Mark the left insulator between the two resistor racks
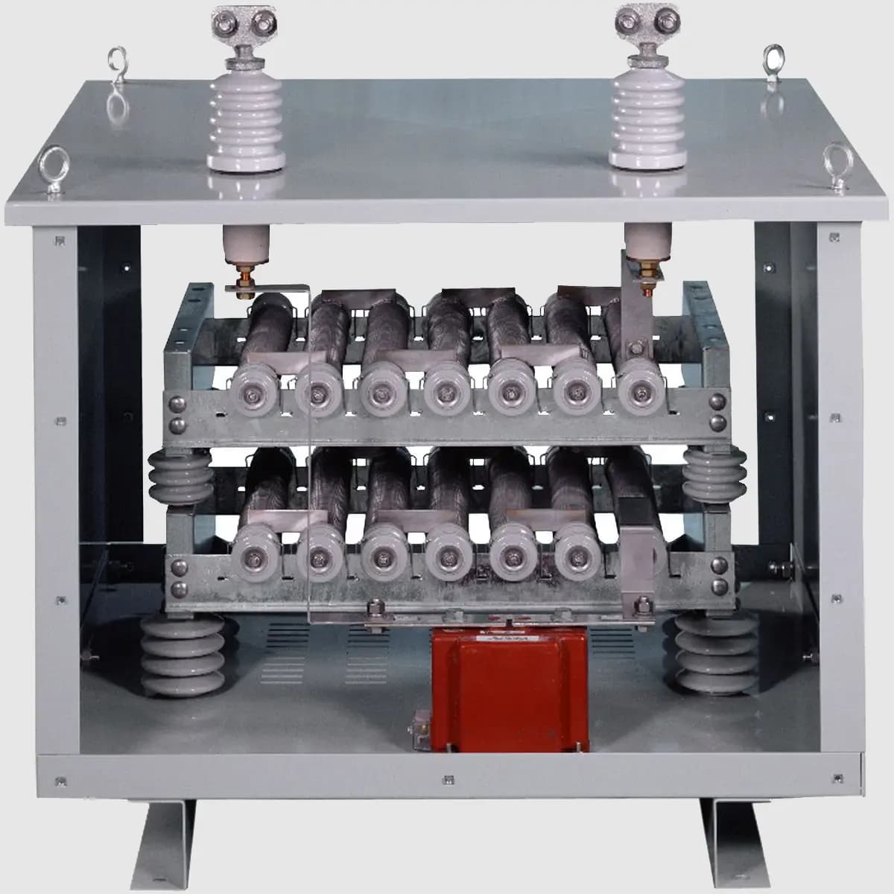pyautogui.click(x=174, y=477)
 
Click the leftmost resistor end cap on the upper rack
pyautogui.click(x=255, y=390)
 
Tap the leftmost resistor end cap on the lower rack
pyautogui.click(x=255, y=551)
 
